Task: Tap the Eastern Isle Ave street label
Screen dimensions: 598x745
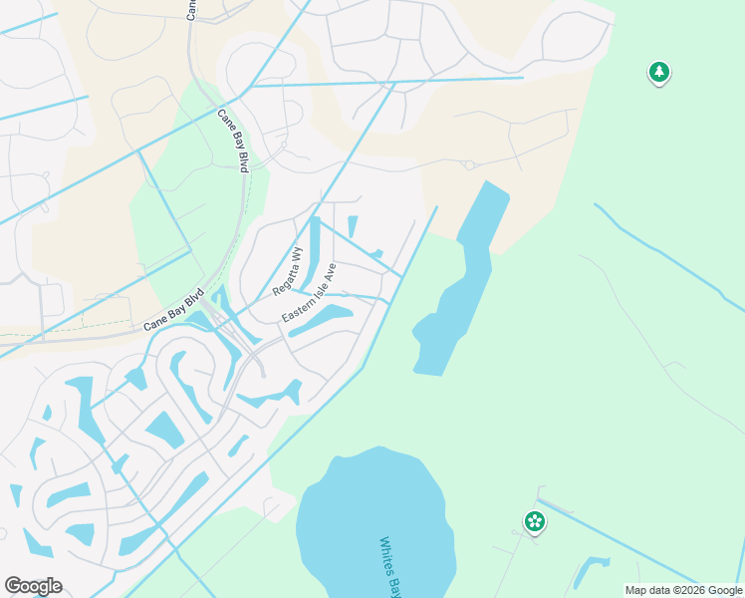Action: (310, 293)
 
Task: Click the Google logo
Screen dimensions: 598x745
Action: (33, 586)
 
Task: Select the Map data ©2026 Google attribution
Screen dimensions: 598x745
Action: (683, 590)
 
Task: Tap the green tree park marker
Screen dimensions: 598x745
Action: (658, 72)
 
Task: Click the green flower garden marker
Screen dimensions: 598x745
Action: (535, 520)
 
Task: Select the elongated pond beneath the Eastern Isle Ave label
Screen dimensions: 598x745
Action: (321, 321)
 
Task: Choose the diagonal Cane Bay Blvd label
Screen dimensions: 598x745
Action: (174, 310)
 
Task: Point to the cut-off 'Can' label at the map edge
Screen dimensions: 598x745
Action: (190, 9)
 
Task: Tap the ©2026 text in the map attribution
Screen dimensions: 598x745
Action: (682, 590)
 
